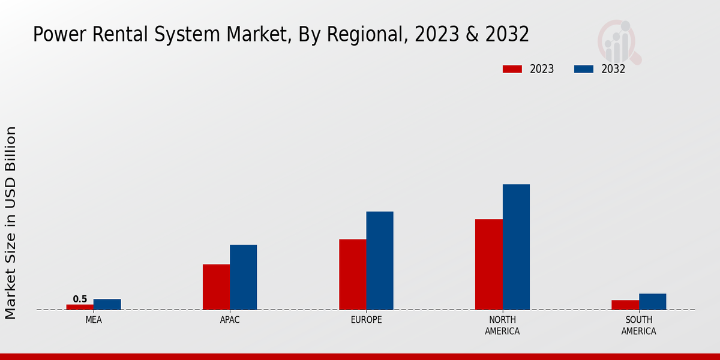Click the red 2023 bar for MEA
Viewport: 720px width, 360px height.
[x=80, y=307]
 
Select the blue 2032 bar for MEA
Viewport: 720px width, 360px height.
[x=107, y=304]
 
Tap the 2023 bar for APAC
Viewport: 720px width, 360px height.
[x=216, y=287]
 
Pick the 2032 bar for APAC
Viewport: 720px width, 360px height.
[x=244, y=277]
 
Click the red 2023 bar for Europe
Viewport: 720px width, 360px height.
[x=352, y=274]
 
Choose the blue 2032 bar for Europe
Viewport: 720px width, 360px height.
[x=380, y=260]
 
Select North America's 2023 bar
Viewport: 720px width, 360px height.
[x=489, y=264]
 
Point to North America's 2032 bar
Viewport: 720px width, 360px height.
[x=516, y=247]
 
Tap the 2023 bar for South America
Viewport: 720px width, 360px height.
[x=625, y=305]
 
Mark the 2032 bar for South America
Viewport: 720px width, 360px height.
[x=653, y=301]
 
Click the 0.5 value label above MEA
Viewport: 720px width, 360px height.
[x=80, y=299]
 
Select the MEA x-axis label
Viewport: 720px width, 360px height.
[x=94, y=320]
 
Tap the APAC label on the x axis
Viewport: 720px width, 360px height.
[x=230, y=320]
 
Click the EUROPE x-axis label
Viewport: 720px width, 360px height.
[x=366, y=320]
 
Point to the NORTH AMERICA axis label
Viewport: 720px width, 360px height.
[x=503, y=325]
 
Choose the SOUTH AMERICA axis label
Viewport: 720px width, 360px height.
[x=638, y=325]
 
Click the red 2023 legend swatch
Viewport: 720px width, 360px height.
[x=512, y=69]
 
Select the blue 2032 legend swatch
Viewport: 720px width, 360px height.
[x=584, y=69]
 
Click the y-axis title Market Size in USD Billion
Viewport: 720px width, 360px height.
[x=11, y=223]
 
